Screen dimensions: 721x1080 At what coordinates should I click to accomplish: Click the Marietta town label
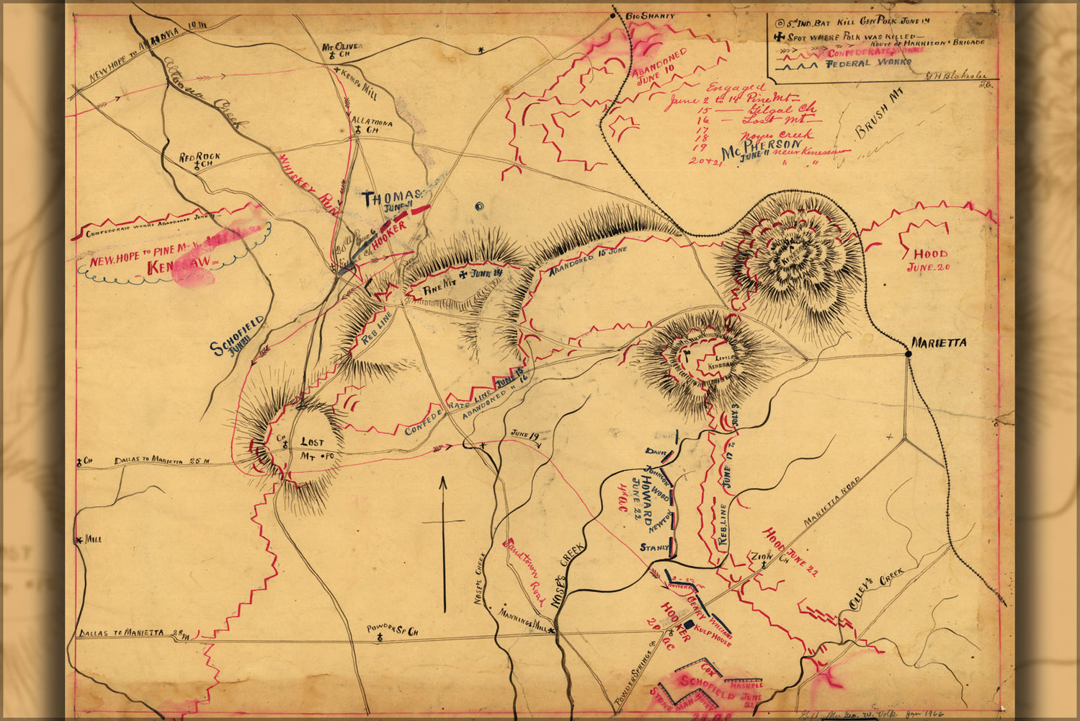(938, 343)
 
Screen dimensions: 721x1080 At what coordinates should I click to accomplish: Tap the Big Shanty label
(650, 15)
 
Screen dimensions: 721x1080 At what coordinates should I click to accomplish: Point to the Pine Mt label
(435, 286)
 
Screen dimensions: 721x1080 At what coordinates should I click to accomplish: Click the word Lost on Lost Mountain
(312, 442)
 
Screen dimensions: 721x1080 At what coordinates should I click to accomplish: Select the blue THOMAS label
(391, 197)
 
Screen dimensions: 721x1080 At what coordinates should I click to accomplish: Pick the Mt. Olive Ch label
(342, 47)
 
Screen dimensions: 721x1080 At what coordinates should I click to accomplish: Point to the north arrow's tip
(444, 477)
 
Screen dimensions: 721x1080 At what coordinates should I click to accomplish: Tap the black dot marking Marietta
(908, 353)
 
